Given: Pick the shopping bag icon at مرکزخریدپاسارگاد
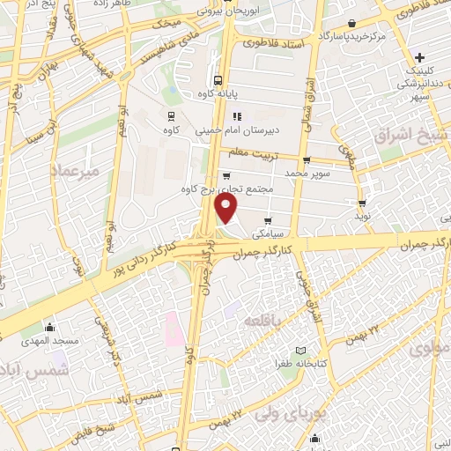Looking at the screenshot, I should [x=352, y=24].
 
